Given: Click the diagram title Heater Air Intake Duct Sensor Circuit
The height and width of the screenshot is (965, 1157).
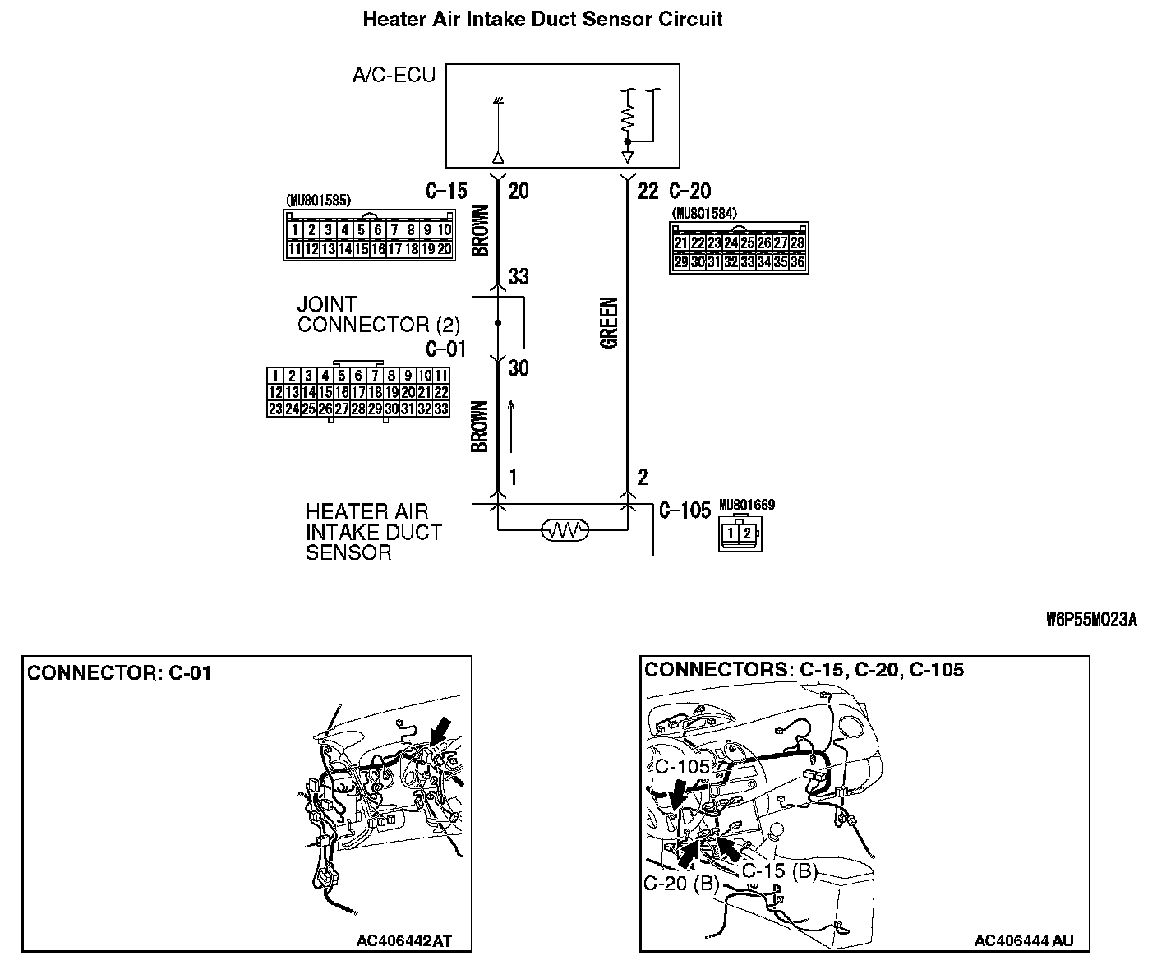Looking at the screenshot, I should tap(542, 20).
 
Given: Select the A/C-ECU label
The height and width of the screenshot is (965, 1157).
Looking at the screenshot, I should tap(394, 76).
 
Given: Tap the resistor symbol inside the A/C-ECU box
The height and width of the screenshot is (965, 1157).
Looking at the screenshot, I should tap(628, 118).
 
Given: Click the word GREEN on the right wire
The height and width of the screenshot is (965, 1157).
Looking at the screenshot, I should tap(609, 323).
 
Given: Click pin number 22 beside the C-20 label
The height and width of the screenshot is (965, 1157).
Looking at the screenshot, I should tap(648, 192).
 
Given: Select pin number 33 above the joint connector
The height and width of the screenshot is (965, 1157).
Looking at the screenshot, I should tap(519, 275).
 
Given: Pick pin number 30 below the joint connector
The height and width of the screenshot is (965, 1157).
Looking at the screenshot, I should tap(519, 367).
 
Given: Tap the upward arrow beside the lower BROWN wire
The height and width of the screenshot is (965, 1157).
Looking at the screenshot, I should tap(512, 425).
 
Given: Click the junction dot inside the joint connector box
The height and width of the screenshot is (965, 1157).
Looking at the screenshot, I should tap(498, 323).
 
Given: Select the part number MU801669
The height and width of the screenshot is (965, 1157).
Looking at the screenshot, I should tap(746, 505).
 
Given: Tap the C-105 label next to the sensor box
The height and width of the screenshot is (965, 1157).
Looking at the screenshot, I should tap(685, 511).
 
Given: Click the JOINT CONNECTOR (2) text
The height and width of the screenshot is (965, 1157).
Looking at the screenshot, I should tap(378, 315).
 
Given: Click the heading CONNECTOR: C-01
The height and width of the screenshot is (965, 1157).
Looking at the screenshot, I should tap(119, 673).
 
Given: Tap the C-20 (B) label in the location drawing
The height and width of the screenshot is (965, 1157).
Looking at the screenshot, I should tap(681, 884).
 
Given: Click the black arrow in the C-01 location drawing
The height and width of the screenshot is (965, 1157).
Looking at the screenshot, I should tap(440, 727).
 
